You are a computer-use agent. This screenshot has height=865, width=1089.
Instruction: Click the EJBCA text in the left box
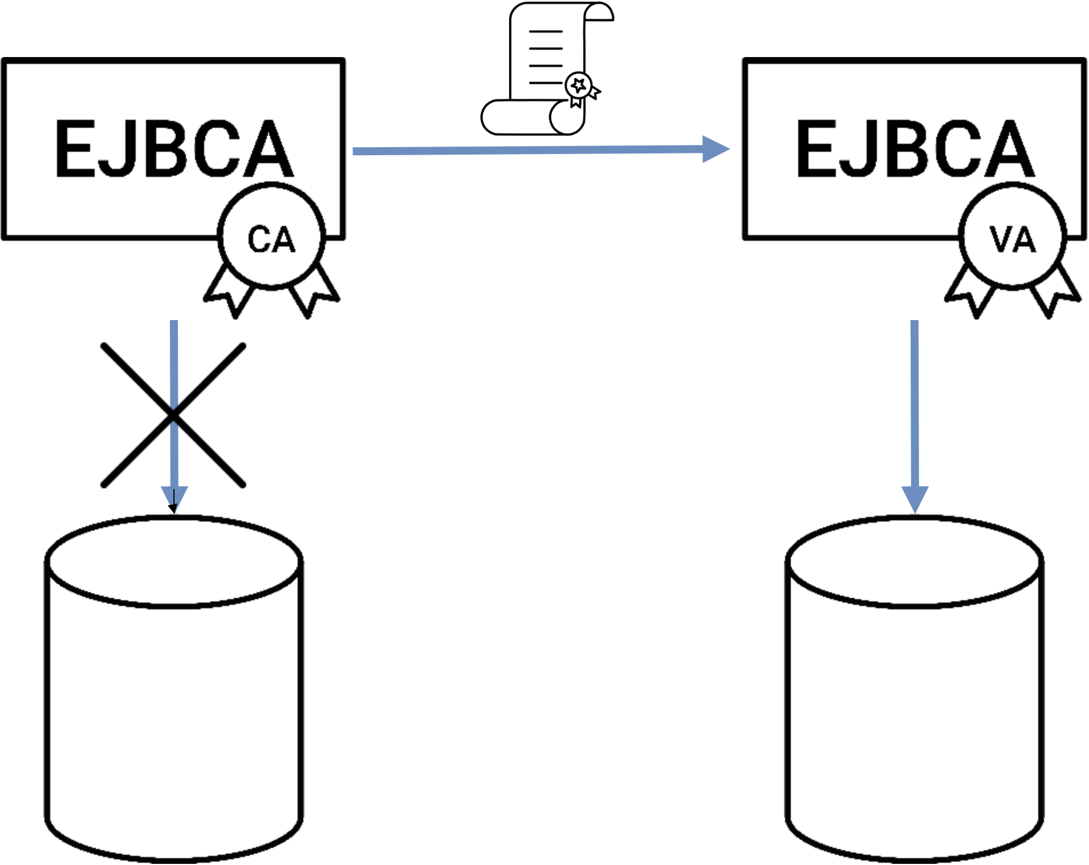coord(174,149)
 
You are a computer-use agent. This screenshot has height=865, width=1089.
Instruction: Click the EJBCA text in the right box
coord(915,149)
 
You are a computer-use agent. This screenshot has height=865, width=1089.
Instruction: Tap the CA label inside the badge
coord(271,239)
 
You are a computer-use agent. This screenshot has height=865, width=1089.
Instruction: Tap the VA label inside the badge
coord(1013,239)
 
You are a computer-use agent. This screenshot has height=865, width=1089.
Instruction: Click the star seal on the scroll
coord(579,86)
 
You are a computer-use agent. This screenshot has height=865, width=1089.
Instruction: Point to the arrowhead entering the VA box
coord(716,149)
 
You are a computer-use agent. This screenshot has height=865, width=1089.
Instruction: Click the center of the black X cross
coord(173,415)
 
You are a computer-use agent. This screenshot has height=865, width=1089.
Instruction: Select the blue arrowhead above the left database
coord(174,498)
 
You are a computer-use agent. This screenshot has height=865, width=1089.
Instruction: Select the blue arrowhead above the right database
coord(915,498)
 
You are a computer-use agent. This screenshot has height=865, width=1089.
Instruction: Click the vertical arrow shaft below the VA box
coord(915,399)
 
